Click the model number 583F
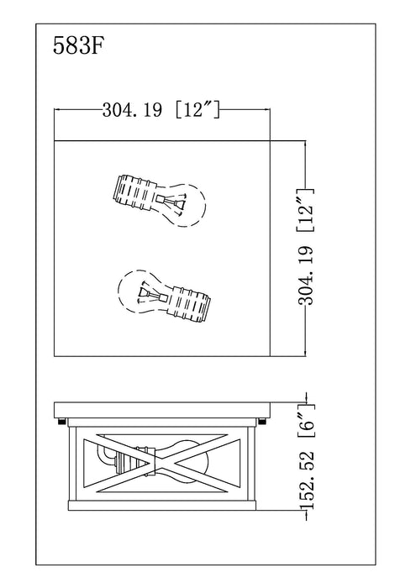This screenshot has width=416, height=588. pos(78,45)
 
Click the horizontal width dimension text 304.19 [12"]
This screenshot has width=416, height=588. pos(161,110)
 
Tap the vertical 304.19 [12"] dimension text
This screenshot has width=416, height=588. pos(305,247)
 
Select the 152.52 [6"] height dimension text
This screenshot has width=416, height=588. pos(306,456)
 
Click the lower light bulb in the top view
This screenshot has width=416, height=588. pos(164,297)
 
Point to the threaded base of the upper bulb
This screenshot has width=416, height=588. pos(134,193)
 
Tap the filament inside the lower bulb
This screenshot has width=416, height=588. pos(151,294)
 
